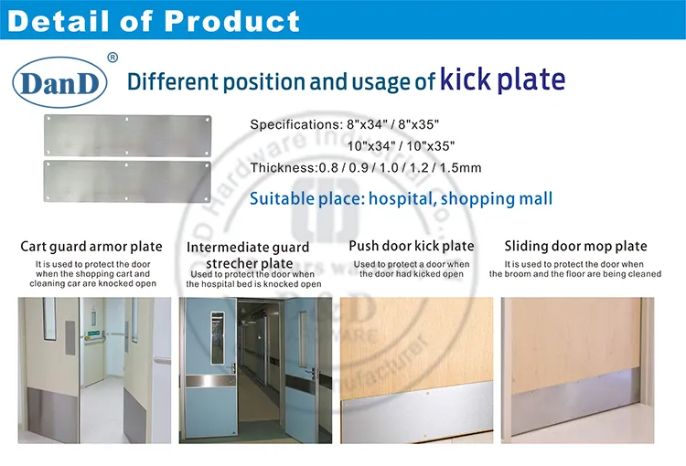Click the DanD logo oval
click(59, 82)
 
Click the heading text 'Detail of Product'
click(154, 21)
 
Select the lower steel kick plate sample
click(130, 180)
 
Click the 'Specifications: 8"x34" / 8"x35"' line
click(352, 123)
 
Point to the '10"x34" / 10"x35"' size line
click(401, 145)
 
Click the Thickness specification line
click(366, 168)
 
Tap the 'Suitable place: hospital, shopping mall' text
click(402, 198)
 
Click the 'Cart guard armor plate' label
click(91, 247)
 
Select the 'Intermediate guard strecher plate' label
click(248, 255)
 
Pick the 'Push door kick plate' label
click(412, 246)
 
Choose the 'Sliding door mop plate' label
click(575, 246)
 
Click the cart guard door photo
click(94, 370)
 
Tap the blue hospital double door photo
click(253, 370)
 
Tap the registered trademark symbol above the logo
click(113, 58)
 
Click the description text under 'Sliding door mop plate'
click(575, 270)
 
